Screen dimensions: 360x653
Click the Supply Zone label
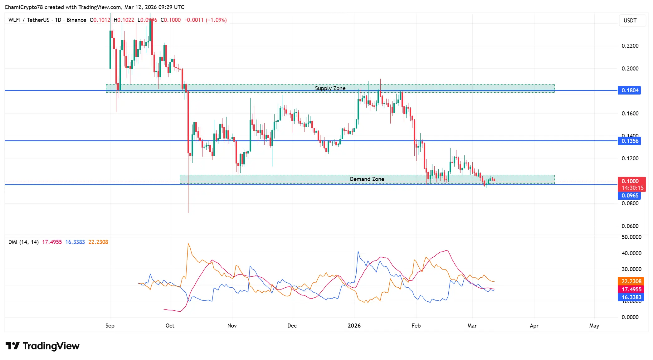point(330,88)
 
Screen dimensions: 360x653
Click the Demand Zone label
point(367,179)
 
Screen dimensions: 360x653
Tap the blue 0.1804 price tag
point(630,90)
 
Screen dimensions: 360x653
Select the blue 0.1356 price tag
point(630,141)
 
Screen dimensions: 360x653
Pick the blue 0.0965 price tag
point(630,196)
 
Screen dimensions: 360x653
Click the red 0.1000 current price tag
point(630,181)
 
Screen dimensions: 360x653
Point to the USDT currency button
point(630,21)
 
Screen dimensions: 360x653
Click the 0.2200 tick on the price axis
point(630,46)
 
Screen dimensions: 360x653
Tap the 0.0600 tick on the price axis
point(630,226)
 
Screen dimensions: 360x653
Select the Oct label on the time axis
point(170,326)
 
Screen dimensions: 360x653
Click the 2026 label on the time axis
point(354,326)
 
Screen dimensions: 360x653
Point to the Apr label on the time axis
point(534,326)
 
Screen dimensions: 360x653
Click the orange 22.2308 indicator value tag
point(631,281)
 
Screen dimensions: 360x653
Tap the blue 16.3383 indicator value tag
point(631,297)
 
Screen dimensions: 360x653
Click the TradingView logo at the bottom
point(43,346)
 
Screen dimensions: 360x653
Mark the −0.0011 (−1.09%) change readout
point(205,20)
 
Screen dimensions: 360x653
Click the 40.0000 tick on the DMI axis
point(631,253)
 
